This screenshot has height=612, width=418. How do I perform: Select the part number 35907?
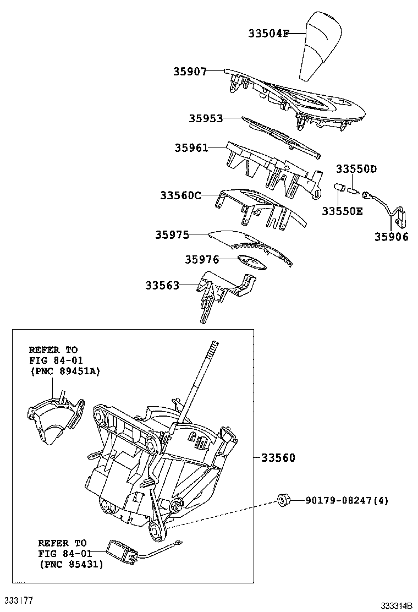click(x=190, y=71)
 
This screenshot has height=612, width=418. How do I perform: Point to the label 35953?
click(x=206, y=118)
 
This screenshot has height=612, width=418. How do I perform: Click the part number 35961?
click(x=192, y=147)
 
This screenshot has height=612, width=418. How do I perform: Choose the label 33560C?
click(x=181, y=195)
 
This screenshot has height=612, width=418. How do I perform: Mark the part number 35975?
click(x=172, y=235)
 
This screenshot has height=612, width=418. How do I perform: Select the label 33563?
click(x=162, y=285)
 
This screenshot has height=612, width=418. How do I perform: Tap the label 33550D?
click(x=356, y=168)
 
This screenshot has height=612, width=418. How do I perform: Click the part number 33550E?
click(x=342, y=211)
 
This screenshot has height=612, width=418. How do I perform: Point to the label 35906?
click(x=392, y=237)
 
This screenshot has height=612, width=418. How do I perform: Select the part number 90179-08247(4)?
click(x=347, y=501)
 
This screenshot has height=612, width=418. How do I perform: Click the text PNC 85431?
click(x=71, y=564)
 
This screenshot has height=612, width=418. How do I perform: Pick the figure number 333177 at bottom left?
click(x=19, y=599)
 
